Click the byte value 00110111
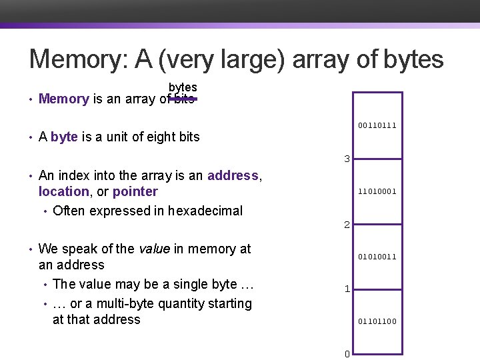(377, 125)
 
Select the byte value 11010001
(377, 191)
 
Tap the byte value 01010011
(377, 256)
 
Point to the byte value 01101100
(377, 321)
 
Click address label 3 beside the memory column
(347, 159)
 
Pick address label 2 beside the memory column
(347, 225)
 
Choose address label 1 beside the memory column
(347, 289)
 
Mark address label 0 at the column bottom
(347, 354)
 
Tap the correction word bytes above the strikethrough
(182, 87)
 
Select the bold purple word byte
(64, 137)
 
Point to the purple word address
(233, 175)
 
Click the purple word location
(63, 191)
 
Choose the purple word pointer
(135, 191)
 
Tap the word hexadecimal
(205, 211)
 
